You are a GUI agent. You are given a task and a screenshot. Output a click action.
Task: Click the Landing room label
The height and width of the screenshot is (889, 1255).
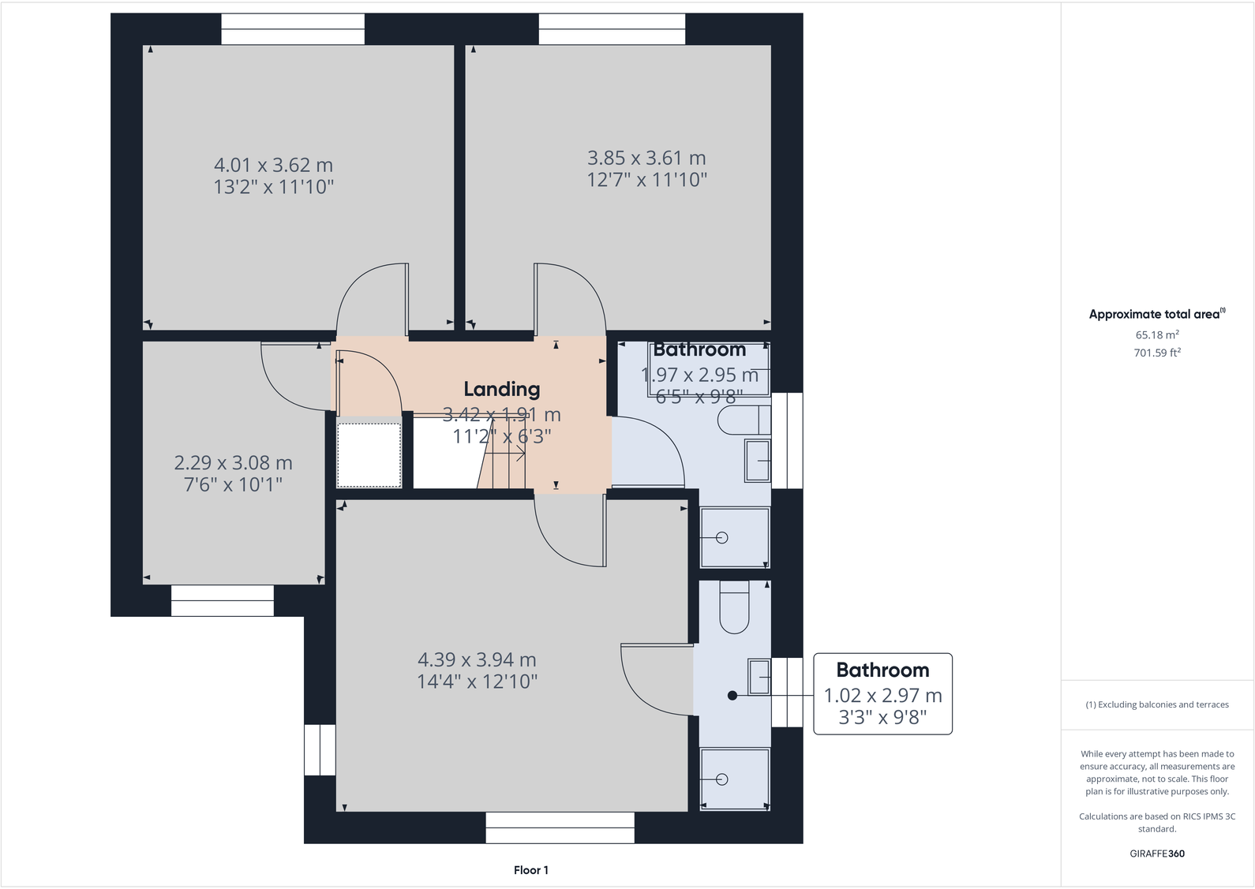pyautogui.click(x=501, y=389)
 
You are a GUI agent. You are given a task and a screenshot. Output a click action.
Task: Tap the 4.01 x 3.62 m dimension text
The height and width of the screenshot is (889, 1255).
pyautogui.click(x=273, y=166)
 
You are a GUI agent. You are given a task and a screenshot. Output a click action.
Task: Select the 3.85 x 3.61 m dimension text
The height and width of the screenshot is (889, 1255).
pyautogui.click(x=646, y=159)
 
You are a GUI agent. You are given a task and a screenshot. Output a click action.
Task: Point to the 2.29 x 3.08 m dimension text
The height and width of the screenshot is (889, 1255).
pyautogui.click(x=233, y=463)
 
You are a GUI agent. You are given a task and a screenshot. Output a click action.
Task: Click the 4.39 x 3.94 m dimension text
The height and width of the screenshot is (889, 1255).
pyautogui.click(x=477, y=660)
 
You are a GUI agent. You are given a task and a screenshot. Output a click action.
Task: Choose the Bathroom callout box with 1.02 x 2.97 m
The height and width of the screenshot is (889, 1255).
pyautogui.click(x=882, y=694)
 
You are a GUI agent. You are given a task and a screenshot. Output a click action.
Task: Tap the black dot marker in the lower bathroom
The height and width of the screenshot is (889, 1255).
pyautogui.click(x=732, y=696)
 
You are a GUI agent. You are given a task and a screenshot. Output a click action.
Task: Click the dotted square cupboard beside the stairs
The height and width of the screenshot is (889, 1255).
pyautogui.click(x=369, y=455)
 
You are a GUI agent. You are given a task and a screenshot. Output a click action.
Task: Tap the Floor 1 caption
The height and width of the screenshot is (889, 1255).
pyautogui.click(x=530, y=870)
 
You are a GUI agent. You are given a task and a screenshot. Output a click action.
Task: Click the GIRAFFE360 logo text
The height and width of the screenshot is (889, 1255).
pyautogui.click(x=1156, y=854)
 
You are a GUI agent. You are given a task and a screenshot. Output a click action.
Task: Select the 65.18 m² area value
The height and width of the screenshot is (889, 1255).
pyautogui.click(x=1157, y=334)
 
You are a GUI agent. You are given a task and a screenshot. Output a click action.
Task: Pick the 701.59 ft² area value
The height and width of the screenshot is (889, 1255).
pyautogui.click(x=1157, y=353)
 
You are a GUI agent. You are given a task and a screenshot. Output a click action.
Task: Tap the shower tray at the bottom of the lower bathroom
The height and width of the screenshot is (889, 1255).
pyautogui.click(x=735, y=779)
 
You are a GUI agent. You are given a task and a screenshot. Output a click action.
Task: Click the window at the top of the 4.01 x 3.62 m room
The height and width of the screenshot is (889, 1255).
pyautogui.click(x=293, y=29)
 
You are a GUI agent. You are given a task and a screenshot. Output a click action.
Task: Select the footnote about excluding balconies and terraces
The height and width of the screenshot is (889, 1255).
pyautogui.click(x=1156, y=704)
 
